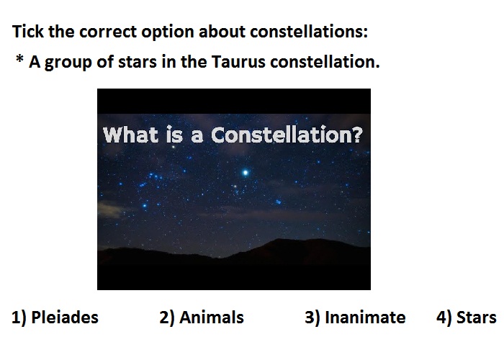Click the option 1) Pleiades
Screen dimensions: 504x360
tap(55, 318)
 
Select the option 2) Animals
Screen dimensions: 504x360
tap(202, 318)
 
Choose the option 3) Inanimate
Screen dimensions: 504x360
tap(355, 318)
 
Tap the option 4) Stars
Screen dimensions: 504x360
tap(467, 318)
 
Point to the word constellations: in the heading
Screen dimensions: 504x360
tap(309, 32)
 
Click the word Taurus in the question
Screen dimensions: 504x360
tap(238, 62)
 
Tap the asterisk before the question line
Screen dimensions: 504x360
tap(19, 59)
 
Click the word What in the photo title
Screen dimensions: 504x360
tap(130, 135)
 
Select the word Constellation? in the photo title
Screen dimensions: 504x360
tap(287, 135)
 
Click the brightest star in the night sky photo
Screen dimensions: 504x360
tap(246, 173)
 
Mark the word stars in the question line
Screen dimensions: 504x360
tap(138, 62)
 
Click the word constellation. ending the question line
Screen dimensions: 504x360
tap(325, 62)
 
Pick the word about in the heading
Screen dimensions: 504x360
tap(222, 32)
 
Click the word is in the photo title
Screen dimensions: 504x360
tap(174, 135)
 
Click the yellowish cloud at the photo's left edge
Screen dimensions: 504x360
tap(109, 208)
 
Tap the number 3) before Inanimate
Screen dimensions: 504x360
tap(312, 318)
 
